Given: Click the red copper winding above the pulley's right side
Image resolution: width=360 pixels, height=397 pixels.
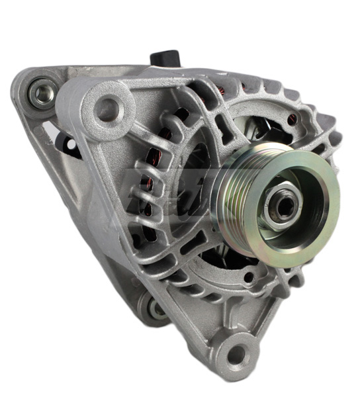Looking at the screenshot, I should point(291,120).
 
